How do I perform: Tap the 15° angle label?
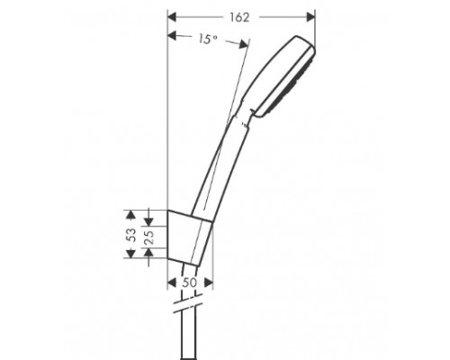tap(209, 39)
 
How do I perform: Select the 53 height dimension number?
tap(131, 235)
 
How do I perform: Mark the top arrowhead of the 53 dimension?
tap(129, 214)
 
